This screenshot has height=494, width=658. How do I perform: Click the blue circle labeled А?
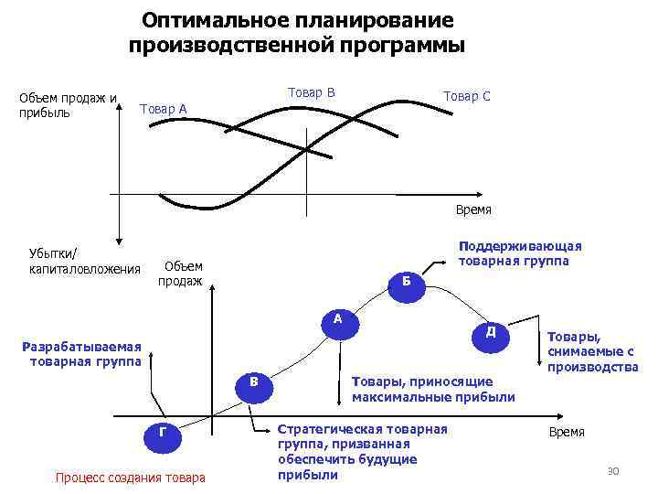tap(337, 321)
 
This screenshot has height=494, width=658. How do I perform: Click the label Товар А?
tap(163, 110)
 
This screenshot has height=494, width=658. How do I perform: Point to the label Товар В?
tap(311, 92)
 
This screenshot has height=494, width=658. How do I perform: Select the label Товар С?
tap(466, 96)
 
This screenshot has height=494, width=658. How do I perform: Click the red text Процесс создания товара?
tap(131, 477)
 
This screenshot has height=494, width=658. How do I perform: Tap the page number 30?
tap(613, 470)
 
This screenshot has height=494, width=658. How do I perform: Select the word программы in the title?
tap(400, 45)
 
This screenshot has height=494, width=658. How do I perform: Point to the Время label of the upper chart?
tap(473, 209)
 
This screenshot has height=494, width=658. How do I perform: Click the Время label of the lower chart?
tap(567, 432)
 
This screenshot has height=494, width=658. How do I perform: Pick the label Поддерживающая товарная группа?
tap(518, 253)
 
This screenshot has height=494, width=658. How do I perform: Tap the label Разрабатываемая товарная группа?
tap(83, 353)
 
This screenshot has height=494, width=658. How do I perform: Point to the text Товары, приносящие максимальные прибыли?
tap(432, 389)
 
